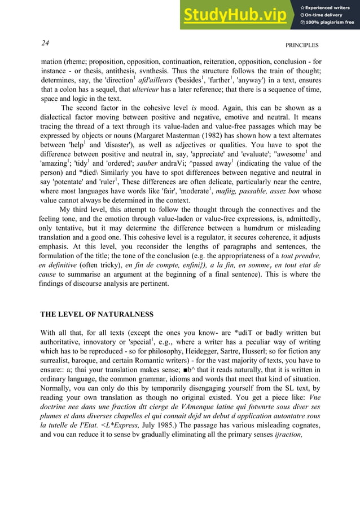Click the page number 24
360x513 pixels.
click(45, 43)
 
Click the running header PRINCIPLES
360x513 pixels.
click(302, 45)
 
